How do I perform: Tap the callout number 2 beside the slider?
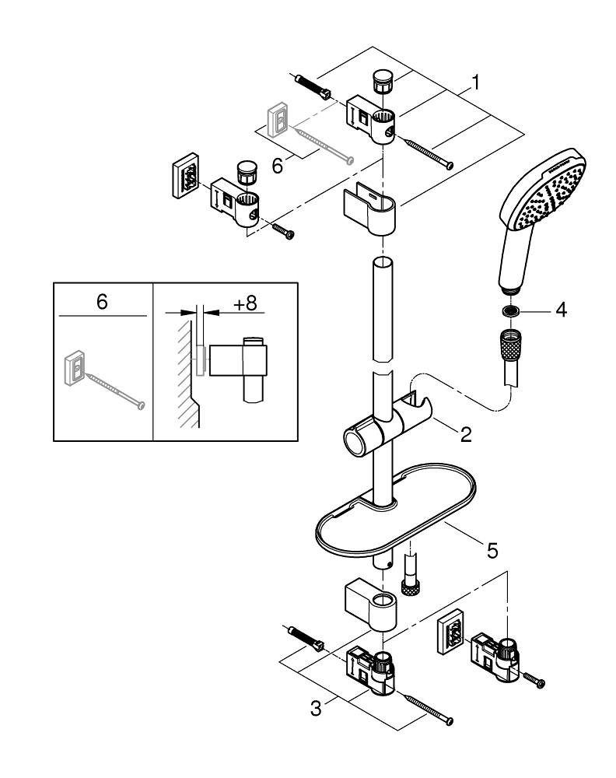tap(465, 434)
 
